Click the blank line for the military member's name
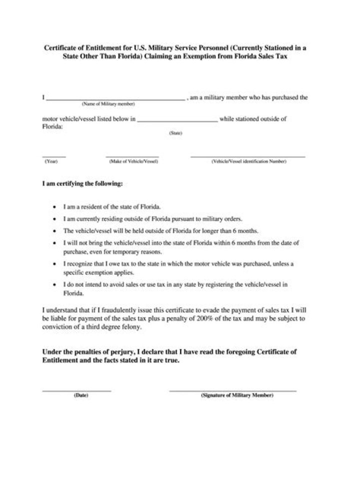point(115,100)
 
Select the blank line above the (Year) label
point(53,156)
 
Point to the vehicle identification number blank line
point(247,156)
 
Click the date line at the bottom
point(76,390)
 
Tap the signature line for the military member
point(232,390)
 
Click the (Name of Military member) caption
point(108,104)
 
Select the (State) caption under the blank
point(176,133)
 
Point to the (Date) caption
point(81,395)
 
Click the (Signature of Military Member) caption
point(236,395)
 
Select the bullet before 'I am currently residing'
point(54,219)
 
